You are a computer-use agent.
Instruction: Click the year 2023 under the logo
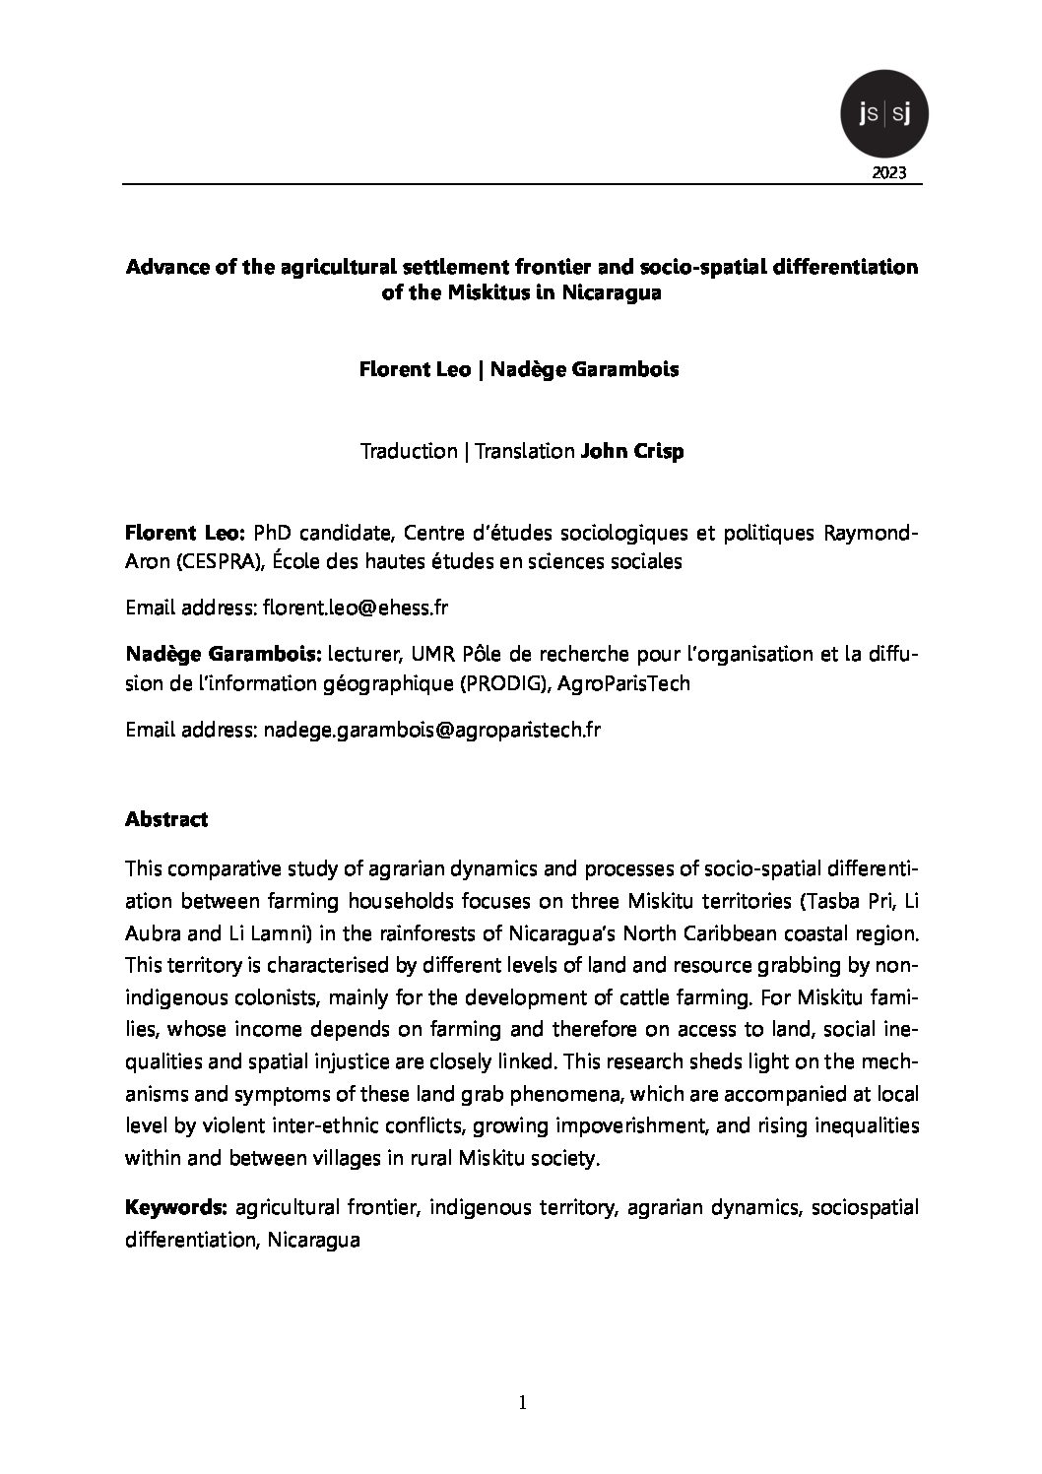(890, 174)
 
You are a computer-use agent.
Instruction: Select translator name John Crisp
(632, 451)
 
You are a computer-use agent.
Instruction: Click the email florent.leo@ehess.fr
(356, 608)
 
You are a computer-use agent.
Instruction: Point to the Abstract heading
(166, 819)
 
